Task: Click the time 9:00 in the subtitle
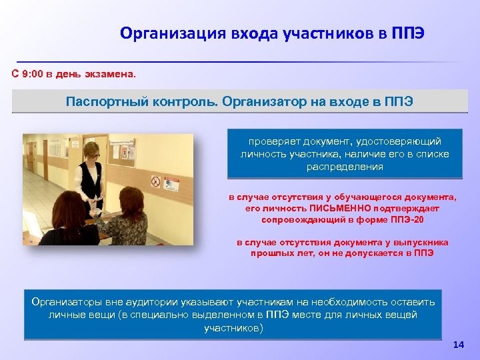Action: click(32, 75)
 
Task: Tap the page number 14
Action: click(458, 345)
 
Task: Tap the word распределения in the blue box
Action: click(345, 167)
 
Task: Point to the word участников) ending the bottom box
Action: click(233, 328)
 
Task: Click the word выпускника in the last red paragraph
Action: click(418, 243)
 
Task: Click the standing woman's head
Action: click(92, 148)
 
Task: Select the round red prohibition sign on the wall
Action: click(155, 180)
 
